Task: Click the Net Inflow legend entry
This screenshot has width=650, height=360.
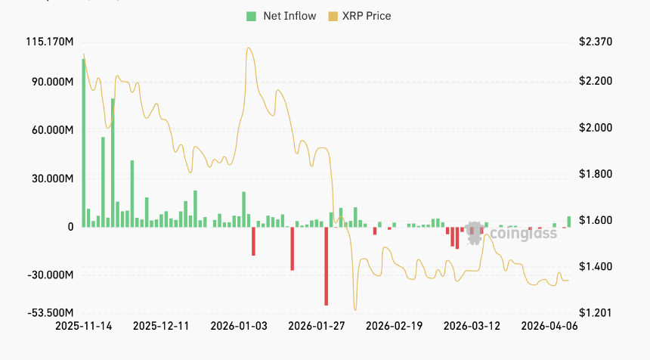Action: coord(281,16)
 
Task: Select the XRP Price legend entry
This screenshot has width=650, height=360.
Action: coord(360,16)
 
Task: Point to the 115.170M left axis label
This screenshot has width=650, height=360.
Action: coord(50,42)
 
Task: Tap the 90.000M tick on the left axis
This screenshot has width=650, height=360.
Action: coord(53,82)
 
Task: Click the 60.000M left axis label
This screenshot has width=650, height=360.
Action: coord(53,130)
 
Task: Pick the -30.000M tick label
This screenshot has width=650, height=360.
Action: coord(51,275)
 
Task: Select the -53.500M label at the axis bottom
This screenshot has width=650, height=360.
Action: coord(51,312)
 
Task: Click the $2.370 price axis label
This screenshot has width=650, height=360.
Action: coord(596,42)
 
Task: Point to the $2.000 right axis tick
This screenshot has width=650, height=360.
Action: coord(596,128)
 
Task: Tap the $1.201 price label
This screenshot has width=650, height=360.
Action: coord(596,312)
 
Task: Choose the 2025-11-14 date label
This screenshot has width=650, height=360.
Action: coord(84,326)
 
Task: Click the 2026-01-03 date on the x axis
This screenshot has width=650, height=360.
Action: coord(239,326)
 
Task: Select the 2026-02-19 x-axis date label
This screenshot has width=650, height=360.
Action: coord(395,326)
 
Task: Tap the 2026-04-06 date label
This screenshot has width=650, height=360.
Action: coord(549,326)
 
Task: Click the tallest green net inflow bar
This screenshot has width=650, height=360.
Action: coord(83,143)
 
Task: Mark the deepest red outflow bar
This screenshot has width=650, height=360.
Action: coord(327,266)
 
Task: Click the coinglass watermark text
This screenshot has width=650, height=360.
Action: coord(523,234)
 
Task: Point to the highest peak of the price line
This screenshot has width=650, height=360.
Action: coord(249,48)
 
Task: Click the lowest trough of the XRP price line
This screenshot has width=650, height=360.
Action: coord(355,310)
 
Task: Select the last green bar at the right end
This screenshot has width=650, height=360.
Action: coord(569,222)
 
